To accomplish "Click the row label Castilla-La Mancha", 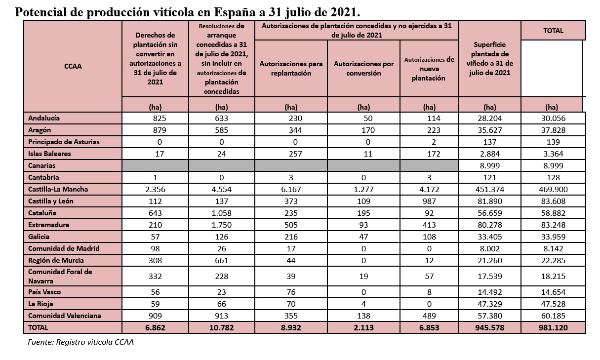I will click(58, 189).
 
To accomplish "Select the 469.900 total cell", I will click(553, 189).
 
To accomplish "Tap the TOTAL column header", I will click(553, 31).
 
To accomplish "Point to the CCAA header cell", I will click(73, 66).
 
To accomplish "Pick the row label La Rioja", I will click(41, 304).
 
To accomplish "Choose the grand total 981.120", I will click(553, 327).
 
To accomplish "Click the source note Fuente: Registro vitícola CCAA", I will click(80, 341).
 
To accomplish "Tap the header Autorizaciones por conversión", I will click(363, 69).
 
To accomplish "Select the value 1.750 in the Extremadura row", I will click(221, 225).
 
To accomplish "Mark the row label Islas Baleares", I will click(49, 154).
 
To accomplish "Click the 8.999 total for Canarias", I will click(553, 165).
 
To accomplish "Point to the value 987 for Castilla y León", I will click(429, 201).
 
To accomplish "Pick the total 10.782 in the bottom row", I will click(221, 327).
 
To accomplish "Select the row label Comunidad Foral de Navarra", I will click(60, 276).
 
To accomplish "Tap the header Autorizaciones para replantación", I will click(291, 69).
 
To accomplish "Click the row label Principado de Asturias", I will click(64, 142).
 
